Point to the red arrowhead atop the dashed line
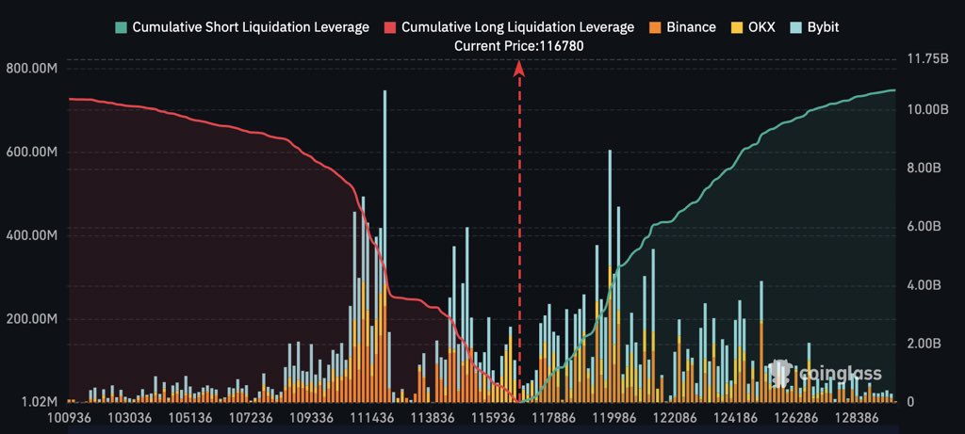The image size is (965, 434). point(518,67)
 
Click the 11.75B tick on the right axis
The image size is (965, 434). point(926,58)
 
